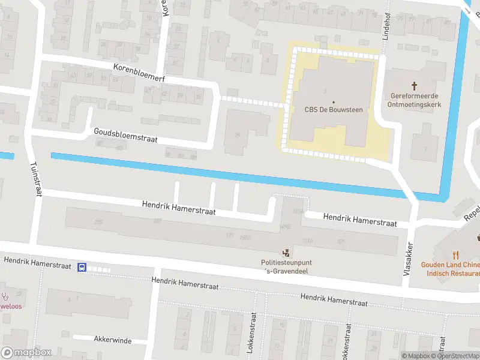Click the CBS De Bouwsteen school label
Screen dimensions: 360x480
[x=334, y=109]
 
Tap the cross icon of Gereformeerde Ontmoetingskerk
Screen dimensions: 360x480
[x=414, y=86]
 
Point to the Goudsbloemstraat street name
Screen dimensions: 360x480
[x=125, y=135]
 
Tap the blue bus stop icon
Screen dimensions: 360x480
[x=82, y=268]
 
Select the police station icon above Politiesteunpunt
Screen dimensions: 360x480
[x=286, y=253]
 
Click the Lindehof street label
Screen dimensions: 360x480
[x=387, y=24]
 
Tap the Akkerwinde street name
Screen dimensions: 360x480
[x=112, y=340]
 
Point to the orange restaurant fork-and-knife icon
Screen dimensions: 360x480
[x=456, y=254]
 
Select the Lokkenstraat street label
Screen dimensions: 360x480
[x=254, y=334]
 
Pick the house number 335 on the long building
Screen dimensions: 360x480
[x=98, y=223]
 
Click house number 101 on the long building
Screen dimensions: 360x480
[x=341, y=241]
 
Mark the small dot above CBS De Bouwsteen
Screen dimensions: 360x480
[x=334, y=101]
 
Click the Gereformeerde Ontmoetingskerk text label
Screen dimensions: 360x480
[x=414, y=100]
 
